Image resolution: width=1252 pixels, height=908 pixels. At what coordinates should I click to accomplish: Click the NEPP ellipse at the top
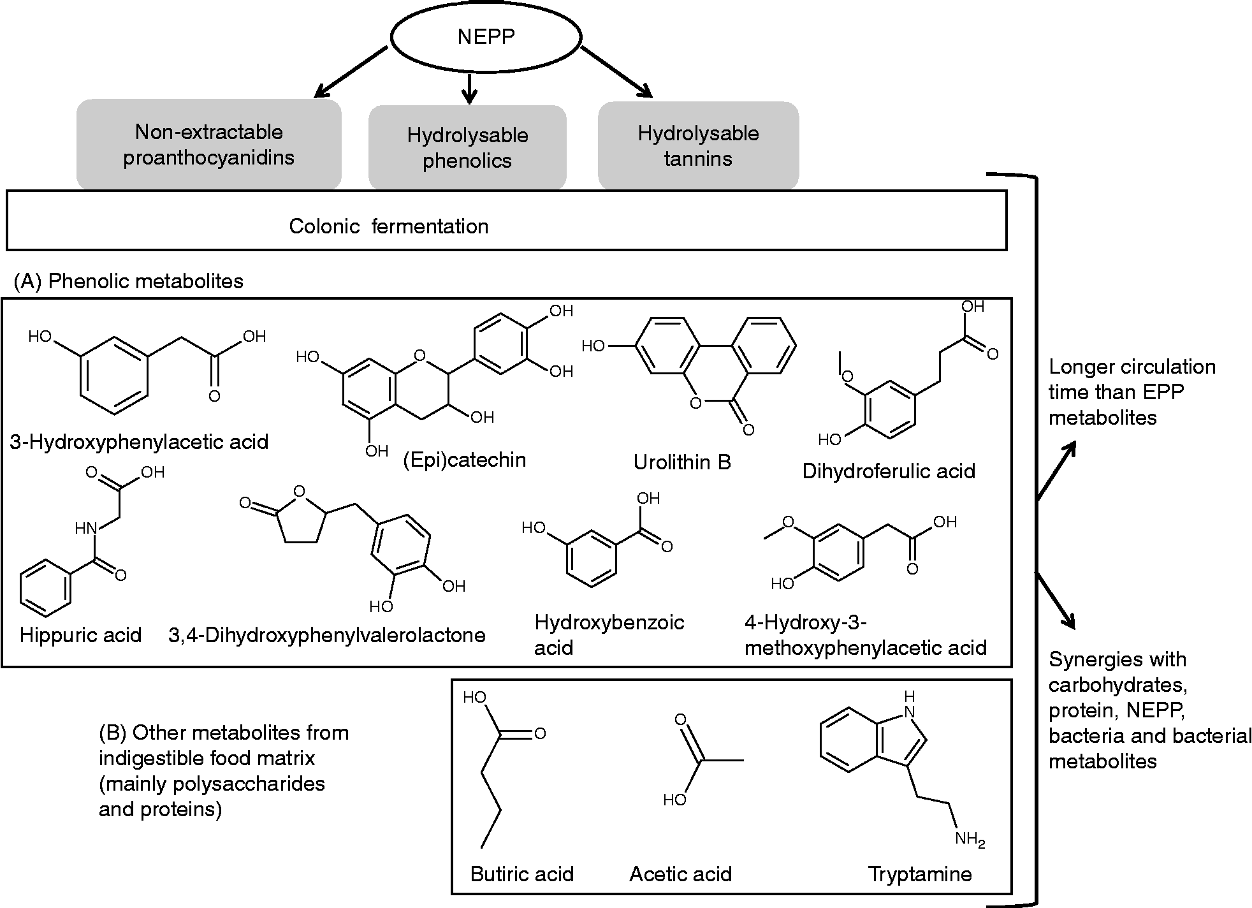(486, 37)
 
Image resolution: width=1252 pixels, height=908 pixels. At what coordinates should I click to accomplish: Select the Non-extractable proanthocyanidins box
(208, 145)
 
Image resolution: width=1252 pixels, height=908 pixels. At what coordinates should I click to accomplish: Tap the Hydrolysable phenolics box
(467, 147)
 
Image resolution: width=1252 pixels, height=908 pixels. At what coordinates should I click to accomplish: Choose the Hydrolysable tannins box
(698, 146)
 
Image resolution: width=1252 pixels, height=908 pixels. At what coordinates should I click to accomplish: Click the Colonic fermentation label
(388, 226)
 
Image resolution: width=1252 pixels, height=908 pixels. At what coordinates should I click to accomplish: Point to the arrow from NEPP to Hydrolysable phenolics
(469, 89)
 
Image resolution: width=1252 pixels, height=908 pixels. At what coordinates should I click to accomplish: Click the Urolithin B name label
(681, 462)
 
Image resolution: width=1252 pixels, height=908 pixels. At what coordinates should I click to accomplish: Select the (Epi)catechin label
(465, 459)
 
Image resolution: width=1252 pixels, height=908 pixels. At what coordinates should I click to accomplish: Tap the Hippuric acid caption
(80, 635)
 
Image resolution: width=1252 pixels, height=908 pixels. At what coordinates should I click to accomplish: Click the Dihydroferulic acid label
(888, 471)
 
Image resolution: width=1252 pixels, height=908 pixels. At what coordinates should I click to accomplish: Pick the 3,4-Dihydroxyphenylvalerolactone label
(327, 635)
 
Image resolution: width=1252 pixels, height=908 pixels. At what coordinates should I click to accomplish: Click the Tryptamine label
(919, 874)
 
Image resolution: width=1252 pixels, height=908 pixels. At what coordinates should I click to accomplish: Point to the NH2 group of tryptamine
(970, 840)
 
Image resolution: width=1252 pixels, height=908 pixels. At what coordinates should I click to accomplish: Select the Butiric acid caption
(521, 874)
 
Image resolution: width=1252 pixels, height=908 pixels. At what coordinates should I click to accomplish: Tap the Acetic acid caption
(680, 874)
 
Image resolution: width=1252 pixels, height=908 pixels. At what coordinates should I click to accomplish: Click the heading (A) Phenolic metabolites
(129, 281)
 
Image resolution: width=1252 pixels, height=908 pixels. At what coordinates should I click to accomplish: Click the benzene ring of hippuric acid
(45, 589)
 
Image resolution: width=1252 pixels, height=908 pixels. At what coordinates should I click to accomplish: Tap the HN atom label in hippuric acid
(85, 528)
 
